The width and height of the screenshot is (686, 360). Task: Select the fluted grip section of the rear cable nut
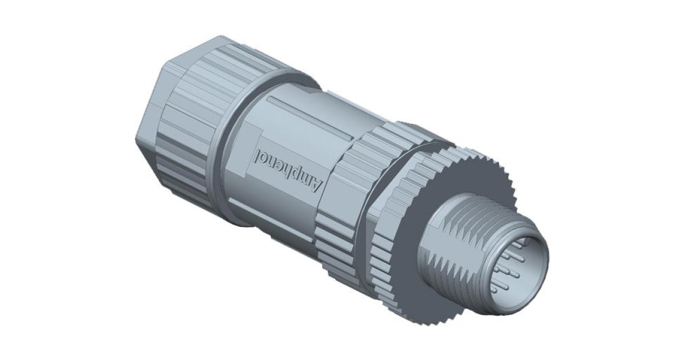click(x=194, y=131)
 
